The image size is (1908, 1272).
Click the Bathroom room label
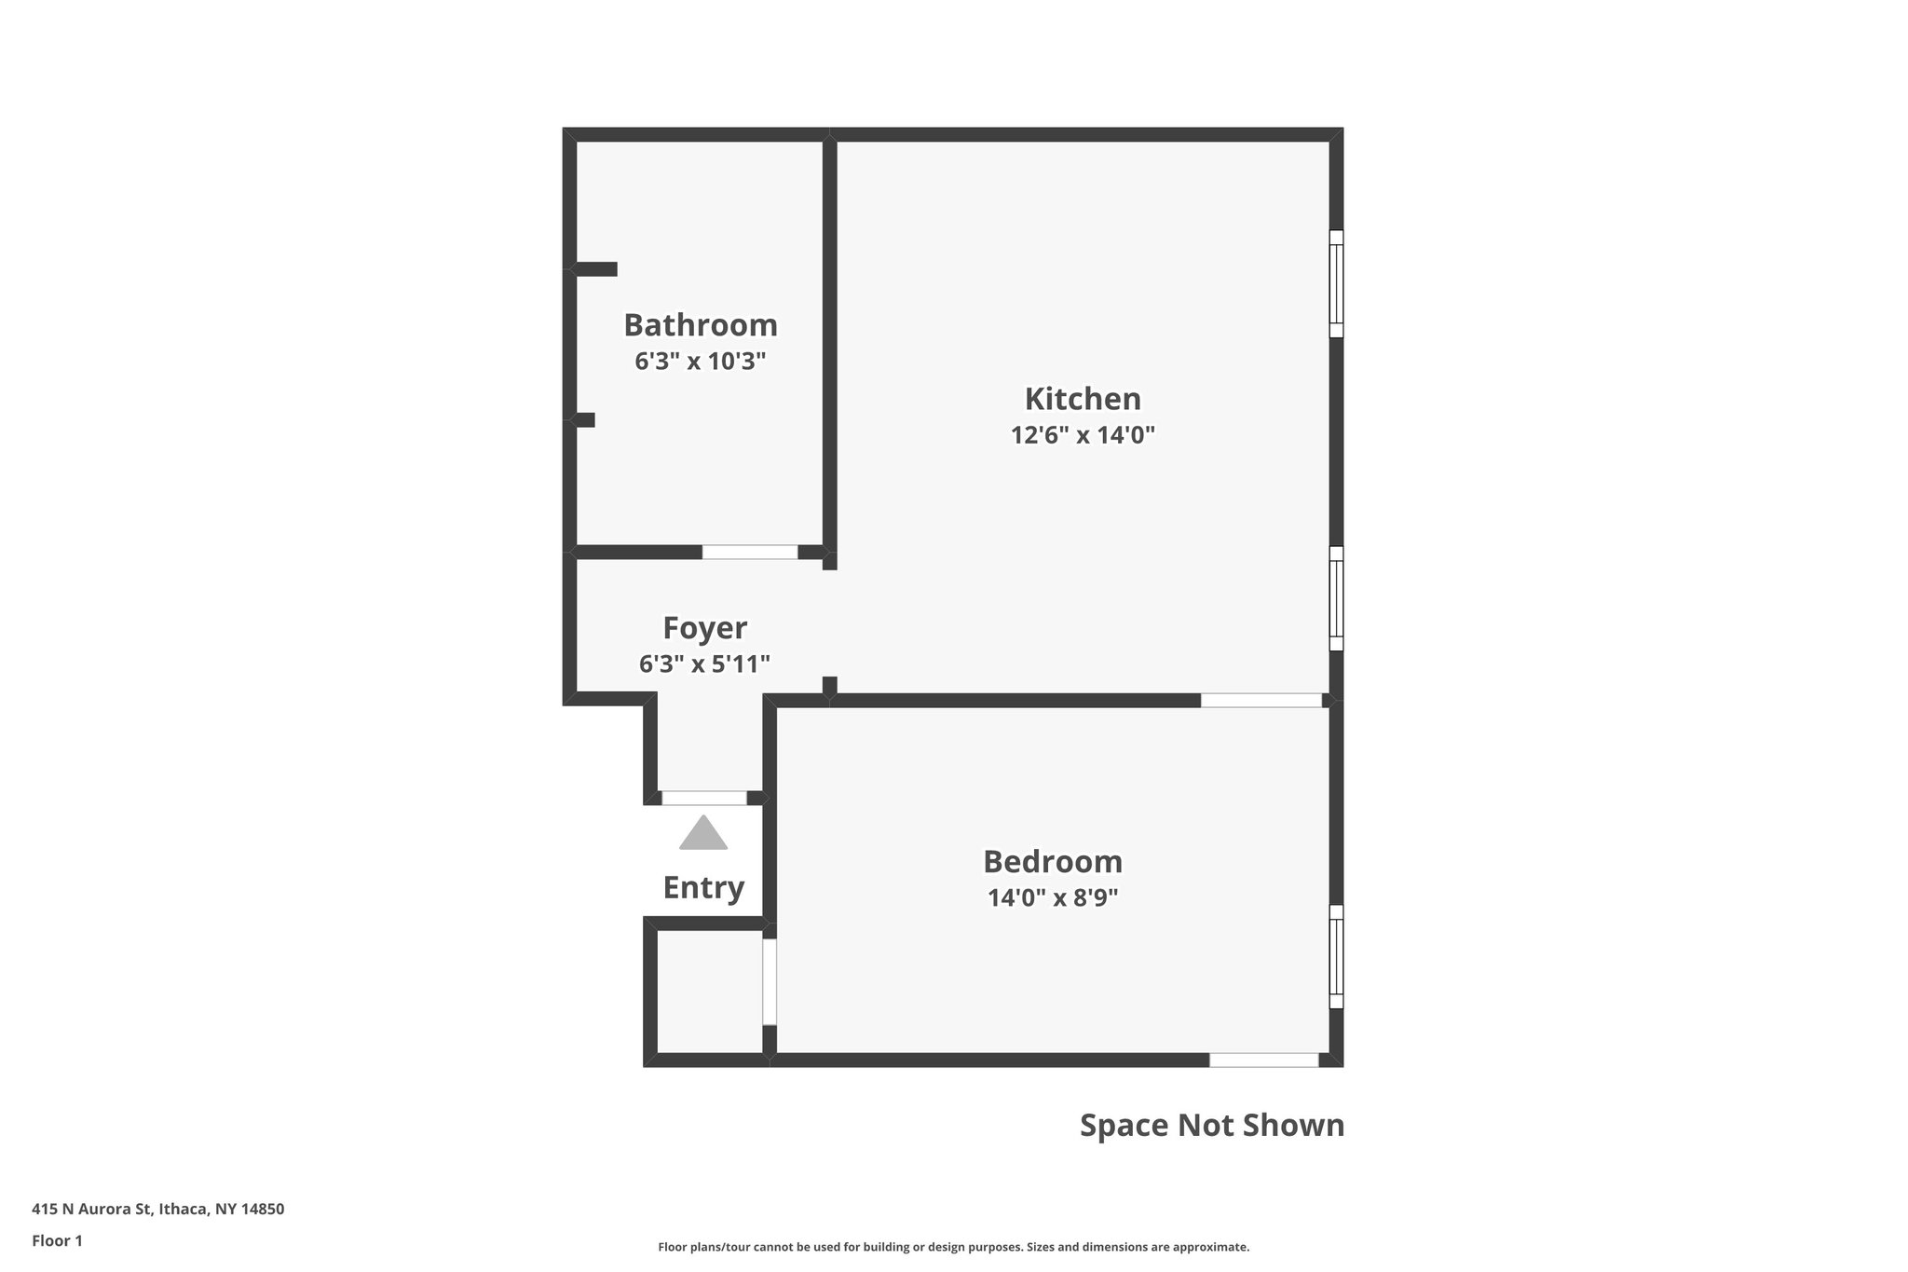[700, 325]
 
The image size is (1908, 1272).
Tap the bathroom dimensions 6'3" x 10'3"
[700, 362]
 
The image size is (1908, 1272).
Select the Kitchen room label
[1083, 399]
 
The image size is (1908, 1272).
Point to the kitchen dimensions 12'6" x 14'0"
[1083, 435]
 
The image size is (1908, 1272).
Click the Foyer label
[704, 628]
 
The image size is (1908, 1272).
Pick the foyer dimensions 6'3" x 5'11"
[704, 664]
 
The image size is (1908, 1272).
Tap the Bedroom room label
[1053, 861]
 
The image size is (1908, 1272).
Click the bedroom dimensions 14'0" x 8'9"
[1053, 897]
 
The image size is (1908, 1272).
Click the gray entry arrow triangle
[703, 834]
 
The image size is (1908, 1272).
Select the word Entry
[703, 888]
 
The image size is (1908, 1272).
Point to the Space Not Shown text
[1212, 1126]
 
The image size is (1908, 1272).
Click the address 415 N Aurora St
[157, 1210]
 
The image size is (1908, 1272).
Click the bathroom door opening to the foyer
[750, 552]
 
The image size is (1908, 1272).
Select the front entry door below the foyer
[704, 798]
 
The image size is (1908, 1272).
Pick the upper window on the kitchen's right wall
[1336, 283]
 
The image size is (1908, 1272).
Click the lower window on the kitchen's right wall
[1336, 598]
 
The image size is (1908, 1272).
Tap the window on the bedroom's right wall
[1336, 956]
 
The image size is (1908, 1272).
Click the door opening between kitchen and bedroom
[1261, 700]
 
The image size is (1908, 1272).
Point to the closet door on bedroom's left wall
[770, 982]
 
